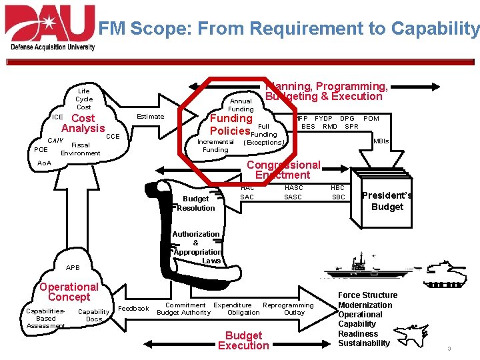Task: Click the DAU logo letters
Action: (x=50, y=23)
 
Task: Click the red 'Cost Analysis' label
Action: (x=83, y=123)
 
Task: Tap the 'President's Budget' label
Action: (x=387, y=201)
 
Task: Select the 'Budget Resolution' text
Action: (x=196, y=203)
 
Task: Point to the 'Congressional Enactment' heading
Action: (x=283, y=170)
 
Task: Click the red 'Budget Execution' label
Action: (x=243, y=341)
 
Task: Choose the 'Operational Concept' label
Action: (x=69, y=292)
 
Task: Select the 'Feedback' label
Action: (x=133, y=309)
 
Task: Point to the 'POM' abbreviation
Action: (x=371, y=119)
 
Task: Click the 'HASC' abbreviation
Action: (x=293, y=188)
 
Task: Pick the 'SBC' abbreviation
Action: (x=339, y=197)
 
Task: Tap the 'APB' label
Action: (x=73, y=268)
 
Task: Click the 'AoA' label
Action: (x=44, y=163)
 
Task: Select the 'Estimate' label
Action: (x=150, y=117)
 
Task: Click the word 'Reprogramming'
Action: (x=288, y=305)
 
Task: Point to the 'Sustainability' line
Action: (x=364, y=343)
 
